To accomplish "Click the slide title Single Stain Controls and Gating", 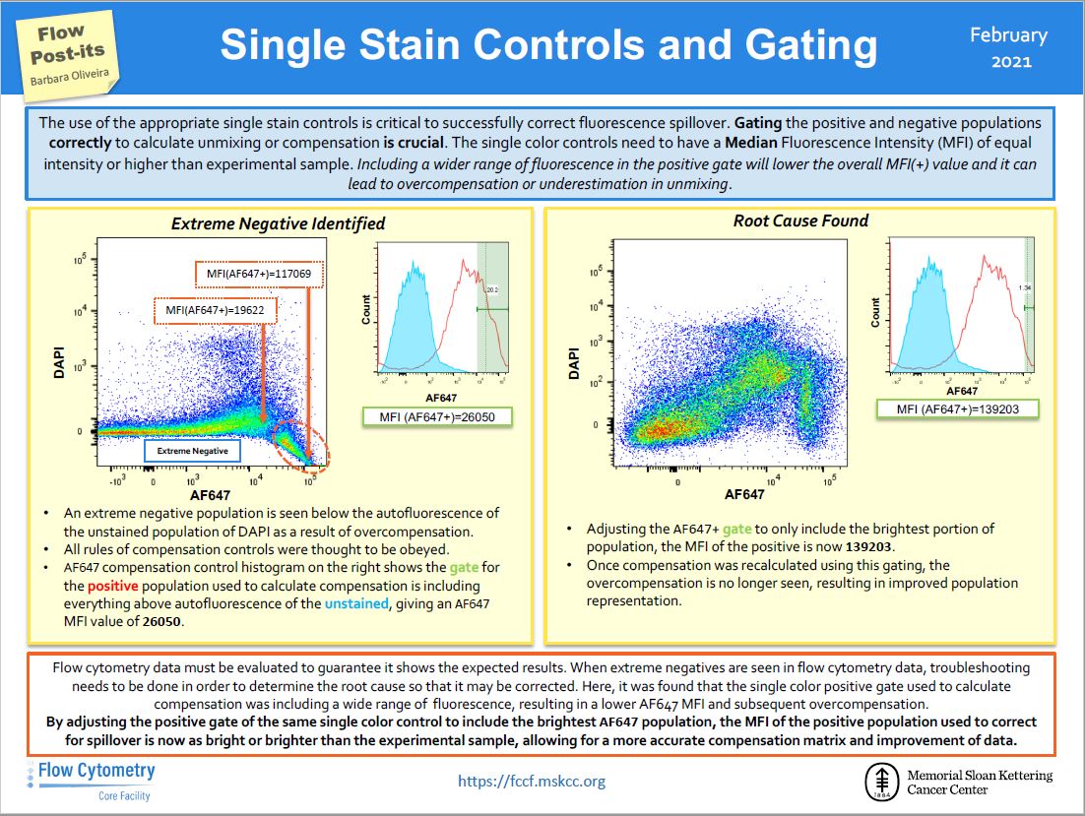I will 548,45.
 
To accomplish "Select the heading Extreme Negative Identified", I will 278,223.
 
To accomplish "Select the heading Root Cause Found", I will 800,220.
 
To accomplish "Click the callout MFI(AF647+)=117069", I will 260,273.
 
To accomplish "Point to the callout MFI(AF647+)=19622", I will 216,311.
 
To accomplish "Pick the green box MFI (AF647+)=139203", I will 957,408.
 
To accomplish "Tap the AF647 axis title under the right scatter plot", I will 743,494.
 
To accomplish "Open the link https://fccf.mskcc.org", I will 532,782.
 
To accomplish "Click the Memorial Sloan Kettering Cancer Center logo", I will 958,783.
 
